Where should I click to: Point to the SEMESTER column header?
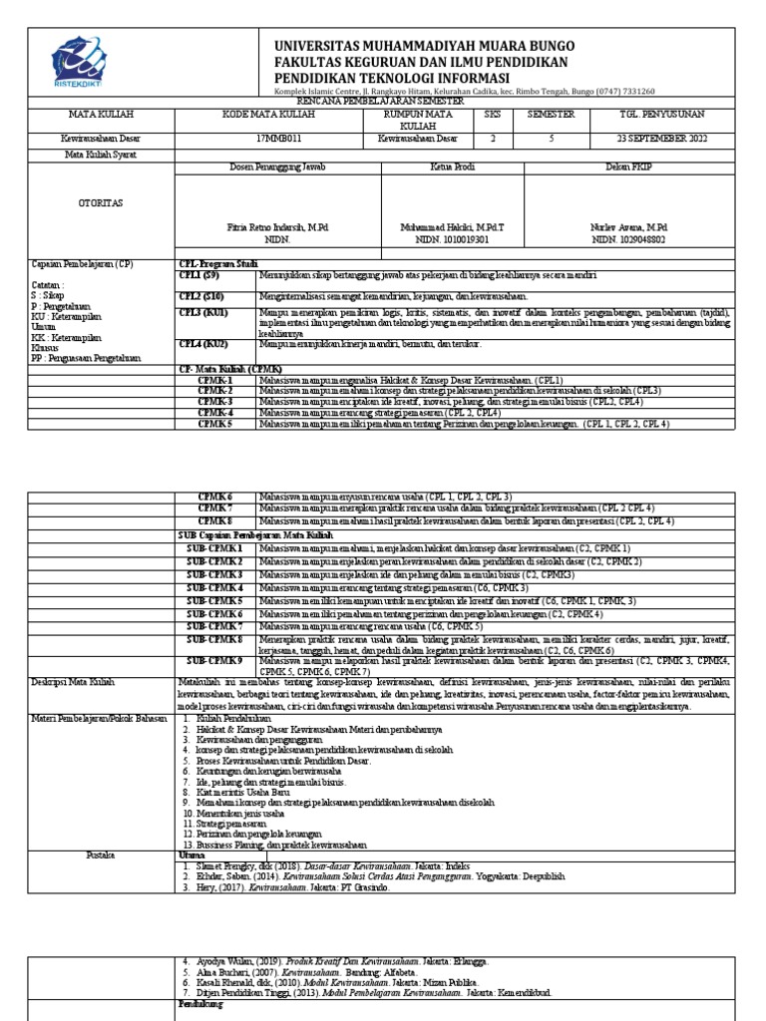pyautogui.click(x=551, y=115)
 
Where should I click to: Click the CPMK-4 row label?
pyautogui.click(x=214, y=412)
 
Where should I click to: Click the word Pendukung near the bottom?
pyautogui.click(x=199, y=1004)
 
